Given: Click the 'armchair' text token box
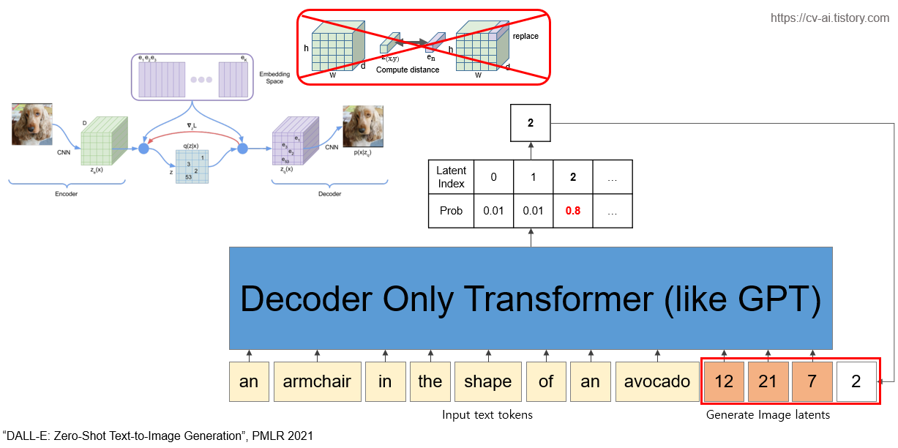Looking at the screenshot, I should (x=317, y=381).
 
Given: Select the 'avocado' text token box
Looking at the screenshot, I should (x=656, y=381).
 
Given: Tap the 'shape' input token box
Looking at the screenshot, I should (x=487, y=381).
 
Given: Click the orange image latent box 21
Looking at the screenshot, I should (x=768, y=381).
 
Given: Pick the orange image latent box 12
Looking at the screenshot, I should (x=724, y=381).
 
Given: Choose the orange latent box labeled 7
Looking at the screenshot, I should (x=812, y=381).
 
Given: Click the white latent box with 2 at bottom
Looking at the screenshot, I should (x=856, y=381).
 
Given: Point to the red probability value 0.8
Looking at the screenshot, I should (x=573, y=212).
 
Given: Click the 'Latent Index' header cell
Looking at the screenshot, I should (x=451, y=176).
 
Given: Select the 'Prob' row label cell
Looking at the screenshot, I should (x=451, y=212).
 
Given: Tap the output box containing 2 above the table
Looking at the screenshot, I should (x=531, y=122).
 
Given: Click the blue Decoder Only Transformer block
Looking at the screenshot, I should (x=531, y=298).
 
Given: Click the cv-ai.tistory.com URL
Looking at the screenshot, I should (x=829, y=18).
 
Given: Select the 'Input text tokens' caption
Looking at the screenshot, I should (x=487, y=415).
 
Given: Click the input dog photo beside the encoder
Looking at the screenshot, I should (x=32, y=124).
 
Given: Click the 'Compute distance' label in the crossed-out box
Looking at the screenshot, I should (x=408, y=70).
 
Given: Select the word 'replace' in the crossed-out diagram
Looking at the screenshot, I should (x=525, y=36).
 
